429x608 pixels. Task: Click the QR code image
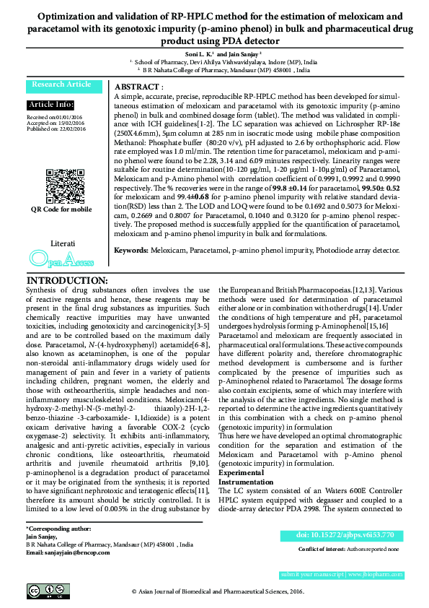tap(61, 184)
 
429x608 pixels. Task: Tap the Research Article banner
tap(61, 84)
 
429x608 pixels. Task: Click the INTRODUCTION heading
tap(67, 280)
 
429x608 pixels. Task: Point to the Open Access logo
tap(61, 258)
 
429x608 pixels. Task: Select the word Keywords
tap(131, 248)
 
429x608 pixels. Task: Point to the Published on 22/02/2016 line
tap(56, 128)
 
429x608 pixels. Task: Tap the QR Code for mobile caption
tap(61, 209)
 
